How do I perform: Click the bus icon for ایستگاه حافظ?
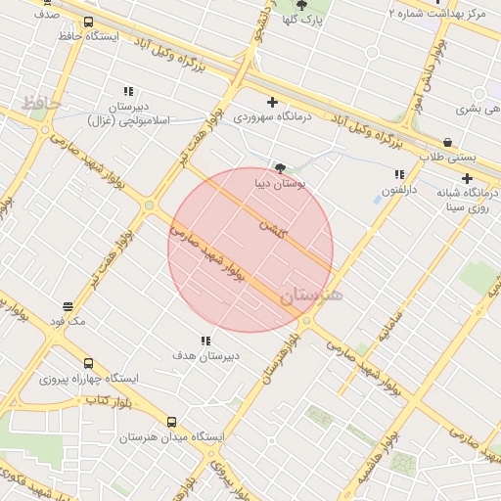pos(89,22)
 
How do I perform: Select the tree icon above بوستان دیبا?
pos(281,167)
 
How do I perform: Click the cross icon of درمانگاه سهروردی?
pos(272,101)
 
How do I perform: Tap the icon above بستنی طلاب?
pos(447,142)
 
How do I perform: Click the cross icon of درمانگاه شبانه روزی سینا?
pos(467,178)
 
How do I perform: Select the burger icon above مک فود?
pos(68,306)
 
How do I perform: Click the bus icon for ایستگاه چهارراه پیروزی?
pos(89,364)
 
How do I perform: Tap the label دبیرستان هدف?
pos(205,356)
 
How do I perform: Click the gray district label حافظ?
pos(41,102)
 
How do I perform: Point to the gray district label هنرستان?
pos(312,296)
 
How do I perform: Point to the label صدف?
pos(46,15)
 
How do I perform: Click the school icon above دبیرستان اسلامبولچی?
pos(128,90)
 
